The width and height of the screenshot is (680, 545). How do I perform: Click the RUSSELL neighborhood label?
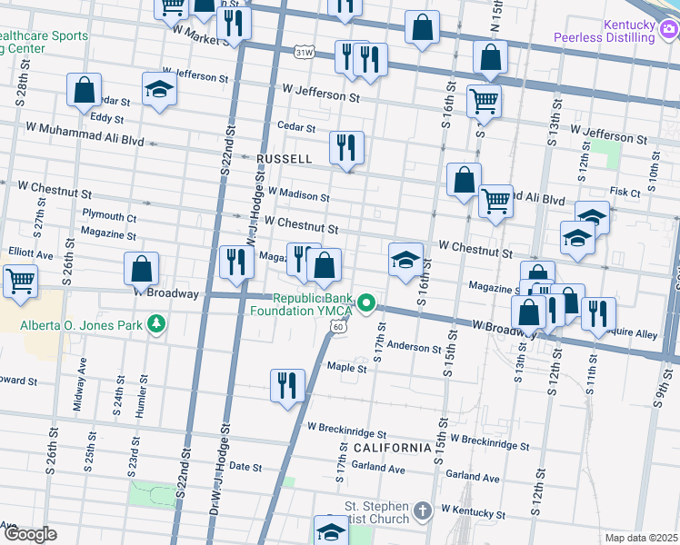click(x=285, y=159)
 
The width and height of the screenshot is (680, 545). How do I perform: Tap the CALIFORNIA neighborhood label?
click(x=392, y=449)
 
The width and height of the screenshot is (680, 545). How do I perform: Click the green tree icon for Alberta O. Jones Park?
click(x=156, y=323)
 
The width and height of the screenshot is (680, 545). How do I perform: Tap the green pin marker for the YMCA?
click(x=366, y=302)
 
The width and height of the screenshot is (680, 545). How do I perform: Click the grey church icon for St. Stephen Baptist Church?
click(x=422, y=512)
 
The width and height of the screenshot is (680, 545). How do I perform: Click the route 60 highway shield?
click(x=337, y=326)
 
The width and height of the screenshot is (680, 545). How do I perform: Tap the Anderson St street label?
click(x=414, y=347)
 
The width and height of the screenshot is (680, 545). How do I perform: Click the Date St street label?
click(x=245, y=467)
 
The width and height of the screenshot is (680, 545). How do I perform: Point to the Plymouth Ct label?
click(x=109, y=217)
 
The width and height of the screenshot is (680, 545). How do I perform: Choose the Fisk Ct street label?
click(x=625, y=192)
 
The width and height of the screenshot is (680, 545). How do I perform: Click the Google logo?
click(x=30, y=534)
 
